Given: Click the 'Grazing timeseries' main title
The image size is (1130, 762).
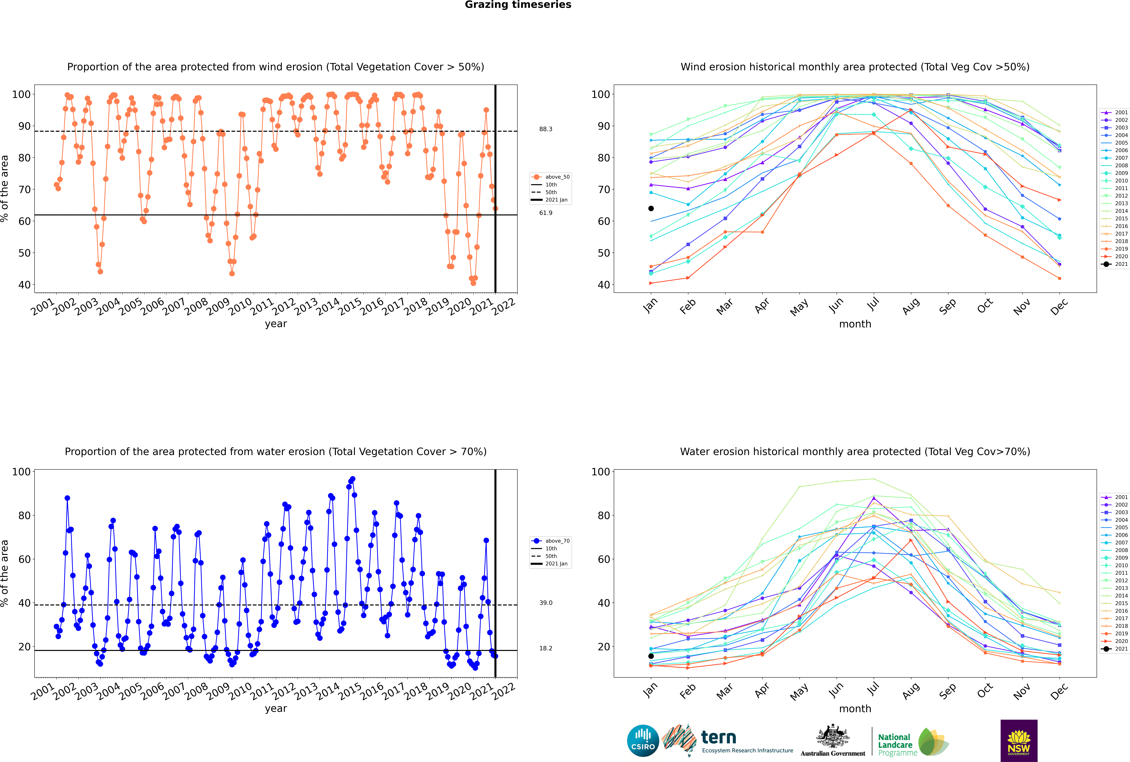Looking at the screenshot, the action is point(518,5).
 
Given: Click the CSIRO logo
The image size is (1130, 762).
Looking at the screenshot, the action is point(643,741).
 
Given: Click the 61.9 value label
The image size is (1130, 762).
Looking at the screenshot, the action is point(546,213).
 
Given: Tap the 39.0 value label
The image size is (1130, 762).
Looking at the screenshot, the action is point(546,603).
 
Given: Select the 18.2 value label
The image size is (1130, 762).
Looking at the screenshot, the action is point(546,648).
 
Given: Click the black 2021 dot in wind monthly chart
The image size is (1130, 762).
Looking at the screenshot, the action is point(651,209).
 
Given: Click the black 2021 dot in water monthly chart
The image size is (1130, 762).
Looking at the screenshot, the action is point(651,656).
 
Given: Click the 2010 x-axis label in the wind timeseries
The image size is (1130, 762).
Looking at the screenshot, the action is point(240,307).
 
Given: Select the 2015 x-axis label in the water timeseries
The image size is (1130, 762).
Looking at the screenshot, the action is point(350,692).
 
